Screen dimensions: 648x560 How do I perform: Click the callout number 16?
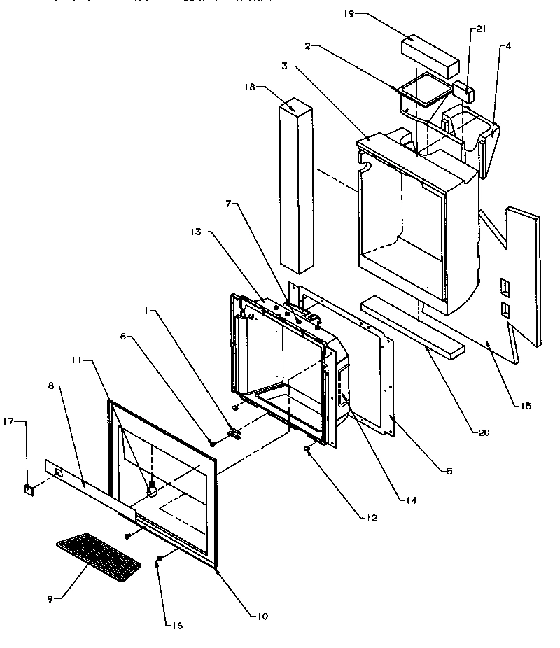point(177,625)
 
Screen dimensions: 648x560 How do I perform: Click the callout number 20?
point(483,432)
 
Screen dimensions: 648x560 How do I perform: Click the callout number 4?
point(508,46)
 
